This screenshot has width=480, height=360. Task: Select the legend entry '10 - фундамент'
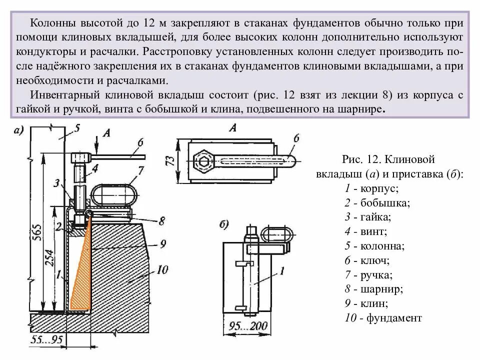(383, 317)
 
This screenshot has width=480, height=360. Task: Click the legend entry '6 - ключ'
(368, 260)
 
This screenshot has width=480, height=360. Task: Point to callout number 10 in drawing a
(161, 270)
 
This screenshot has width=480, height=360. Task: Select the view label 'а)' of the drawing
(19, 130)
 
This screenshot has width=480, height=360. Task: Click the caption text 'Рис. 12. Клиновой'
(388, 159)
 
